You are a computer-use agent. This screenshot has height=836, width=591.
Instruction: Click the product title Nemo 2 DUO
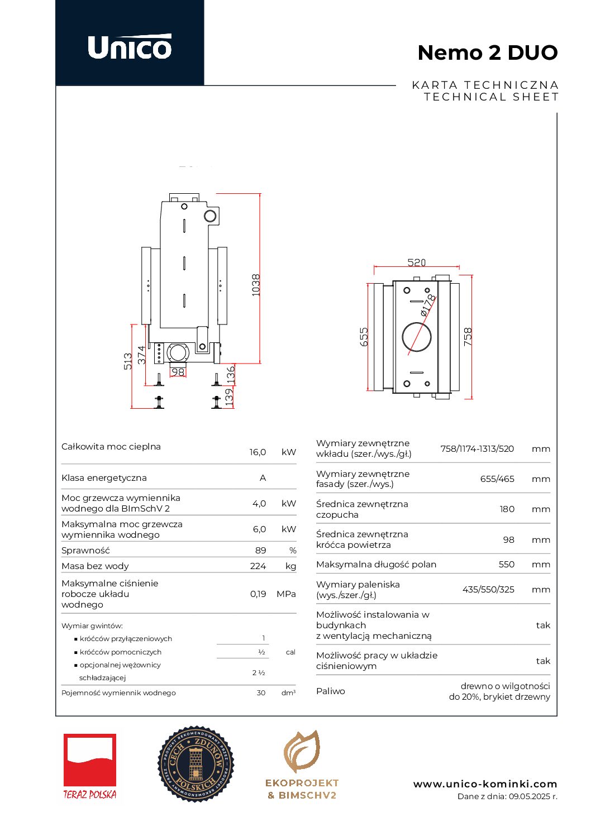(487, 52)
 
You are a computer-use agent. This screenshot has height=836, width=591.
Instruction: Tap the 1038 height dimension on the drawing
(256, 285)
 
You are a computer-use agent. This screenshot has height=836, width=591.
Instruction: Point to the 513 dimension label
(128, 361)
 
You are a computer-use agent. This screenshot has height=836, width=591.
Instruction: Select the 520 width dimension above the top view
(416, 262)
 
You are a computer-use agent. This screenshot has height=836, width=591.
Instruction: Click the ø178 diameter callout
(427, 305)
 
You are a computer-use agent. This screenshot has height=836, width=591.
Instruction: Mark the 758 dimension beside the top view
(468, 337)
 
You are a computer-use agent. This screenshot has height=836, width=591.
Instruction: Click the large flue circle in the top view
(417, 337)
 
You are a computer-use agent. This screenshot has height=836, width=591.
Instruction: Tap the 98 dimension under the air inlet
(178, 372)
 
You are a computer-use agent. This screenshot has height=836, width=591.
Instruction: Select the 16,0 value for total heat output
(258, 452)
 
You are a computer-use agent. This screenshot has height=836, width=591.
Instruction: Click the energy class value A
(263, 477)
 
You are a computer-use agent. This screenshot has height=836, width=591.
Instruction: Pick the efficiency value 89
(260, 550)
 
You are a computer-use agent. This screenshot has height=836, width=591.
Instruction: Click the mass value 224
(258, 566)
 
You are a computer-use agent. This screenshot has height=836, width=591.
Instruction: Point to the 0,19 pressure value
(258, 594)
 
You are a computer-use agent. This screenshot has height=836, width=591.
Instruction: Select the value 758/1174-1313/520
(477, 448)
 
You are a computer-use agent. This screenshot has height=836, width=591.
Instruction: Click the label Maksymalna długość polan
(376, 564)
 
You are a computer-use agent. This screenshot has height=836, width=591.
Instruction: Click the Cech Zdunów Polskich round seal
(196, 763)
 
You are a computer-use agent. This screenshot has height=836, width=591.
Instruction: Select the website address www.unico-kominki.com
(485, 784)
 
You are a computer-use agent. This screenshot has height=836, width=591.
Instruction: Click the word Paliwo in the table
(331, 691)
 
